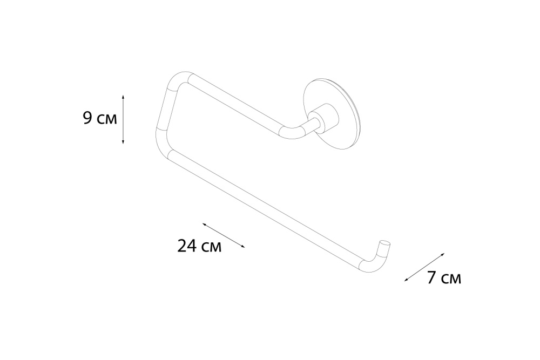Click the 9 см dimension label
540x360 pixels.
[x=100, y=118]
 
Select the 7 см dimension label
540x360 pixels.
[x=444, y=277]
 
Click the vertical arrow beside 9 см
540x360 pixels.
[x=123, y=119]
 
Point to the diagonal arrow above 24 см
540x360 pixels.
[x=224, y=235]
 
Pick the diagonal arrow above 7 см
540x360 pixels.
[x=424, y=267]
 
